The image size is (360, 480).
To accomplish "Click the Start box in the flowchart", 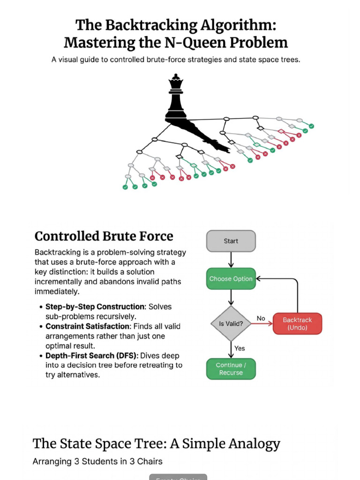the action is tap(231, 241).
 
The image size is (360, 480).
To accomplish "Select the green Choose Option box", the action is tap(231, 278).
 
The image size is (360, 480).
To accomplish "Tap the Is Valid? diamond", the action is tap(231, 323).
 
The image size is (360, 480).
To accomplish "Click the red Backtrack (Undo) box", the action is tap(297, 323).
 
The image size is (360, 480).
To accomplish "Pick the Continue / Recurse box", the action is tap(231, 369).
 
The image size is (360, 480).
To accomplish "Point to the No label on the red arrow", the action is tap(261, 318).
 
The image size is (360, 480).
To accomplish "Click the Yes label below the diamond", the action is tap(240, 348).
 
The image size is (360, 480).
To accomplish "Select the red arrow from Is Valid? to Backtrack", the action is tap(262, 323).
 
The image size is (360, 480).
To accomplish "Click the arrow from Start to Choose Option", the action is tap(231, 260).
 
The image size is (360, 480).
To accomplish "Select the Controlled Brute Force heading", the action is tap(104, 236).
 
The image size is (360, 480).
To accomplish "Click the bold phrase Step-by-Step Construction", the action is tap(96, 307).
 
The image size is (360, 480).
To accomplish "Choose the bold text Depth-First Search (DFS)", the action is tap(92, 356).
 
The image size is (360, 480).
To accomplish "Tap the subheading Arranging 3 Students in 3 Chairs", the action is tap(97, 461).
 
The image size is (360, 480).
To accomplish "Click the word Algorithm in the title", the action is tap(238, 25).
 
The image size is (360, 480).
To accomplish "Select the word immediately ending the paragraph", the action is tap(57, 292).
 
